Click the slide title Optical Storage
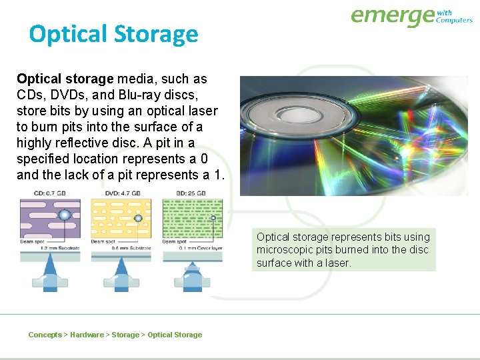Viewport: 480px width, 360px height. pyautogui.click(x=113, y=34)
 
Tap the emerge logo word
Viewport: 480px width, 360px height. pyautogui.click(x=392, y=16)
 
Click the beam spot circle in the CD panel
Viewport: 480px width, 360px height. pyautogui.click(x=65, y=215)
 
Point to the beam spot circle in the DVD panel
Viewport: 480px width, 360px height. pyautogui.click(x=138, y=218)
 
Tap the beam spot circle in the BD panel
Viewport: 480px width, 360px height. pyautogui.click(x=213, y=217)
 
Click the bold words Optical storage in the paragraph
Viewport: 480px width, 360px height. pyautogui.click(x=65, y=79)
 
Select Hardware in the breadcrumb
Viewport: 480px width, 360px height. pyautogui.click(x=87, y=335)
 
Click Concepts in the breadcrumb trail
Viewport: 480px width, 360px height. pyautogui.click(x=45, y=335)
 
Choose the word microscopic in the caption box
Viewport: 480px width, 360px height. pyautogui.click(x=286, y=250)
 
